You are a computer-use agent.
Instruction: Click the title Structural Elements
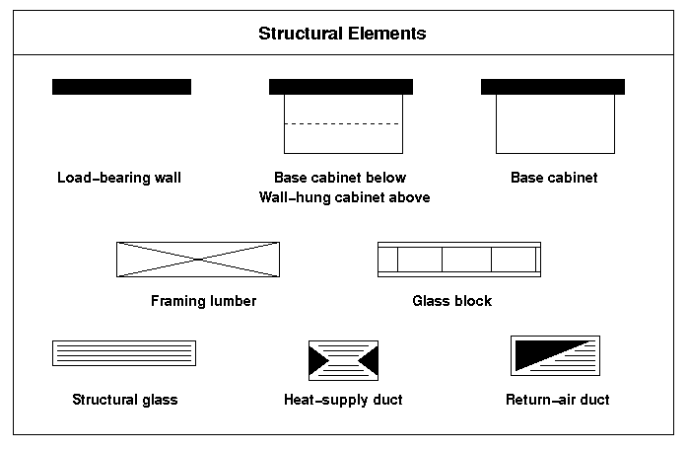coord(342,34)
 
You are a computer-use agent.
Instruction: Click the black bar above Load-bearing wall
coord(121,87)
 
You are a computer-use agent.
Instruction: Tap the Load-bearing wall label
coord(119,178)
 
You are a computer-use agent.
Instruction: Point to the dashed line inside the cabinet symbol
coord(343,124)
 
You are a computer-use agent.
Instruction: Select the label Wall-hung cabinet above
coord(344,197)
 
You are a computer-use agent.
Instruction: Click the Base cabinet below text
coord(340,178)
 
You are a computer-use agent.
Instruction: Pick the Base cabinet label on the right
coord(554,178)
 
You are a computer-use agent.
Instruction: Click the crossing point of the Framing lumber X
coord(198,260)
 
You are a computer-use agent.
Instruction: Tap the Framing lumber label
coord(204,301)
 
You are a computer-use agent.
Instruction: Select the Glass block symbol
coord(459,260)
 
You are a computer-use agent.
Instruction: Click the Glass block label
coord(452,301)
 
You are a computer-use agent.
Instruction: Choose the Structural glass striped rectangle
coord(124,353)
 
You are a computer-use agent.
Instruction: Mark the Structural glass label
coord(125,400)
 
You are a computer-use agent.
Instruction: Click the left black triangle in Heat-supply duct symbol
coord(317,360)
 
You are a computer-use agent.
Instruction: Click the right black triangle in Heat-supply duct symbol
coord(370,360)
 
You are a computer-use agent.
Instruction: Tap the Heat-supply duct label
coord(343,400)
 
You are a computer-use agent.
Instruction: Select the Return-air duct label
coord(558,400)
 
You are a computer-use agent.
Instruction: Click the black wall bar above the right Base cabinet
coord(553,87)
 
